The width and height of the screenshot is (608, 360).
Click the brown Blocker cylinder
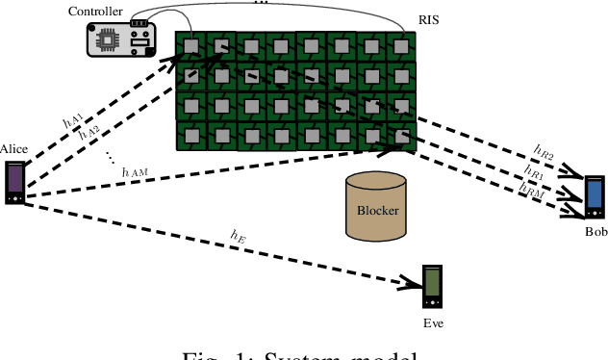tap(377, 206)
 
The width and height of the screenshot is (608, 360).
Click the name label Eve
tap(433, 322)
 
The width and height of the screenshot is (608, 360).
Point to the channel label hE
tap(238, 234)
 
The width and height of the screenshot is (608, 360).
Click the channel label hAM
tap(135, 170)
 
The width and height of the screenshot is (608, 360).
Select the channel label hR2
tap(543, 150)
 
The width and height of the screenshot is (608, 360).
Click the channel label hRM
tap(531, 191)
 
